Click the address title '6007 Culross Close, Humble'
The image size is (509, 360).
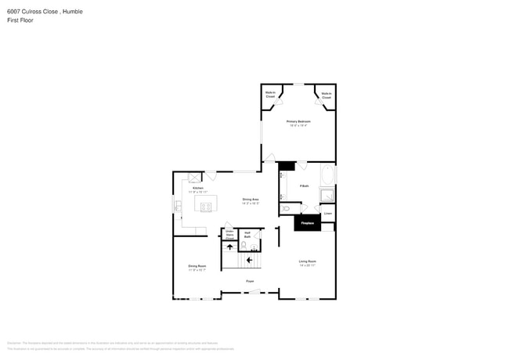45,12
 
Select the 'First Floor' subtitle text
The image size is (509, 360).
20,20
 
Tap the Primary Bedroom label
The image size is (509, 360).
298,123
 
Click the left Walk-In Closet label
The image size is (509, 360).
271,95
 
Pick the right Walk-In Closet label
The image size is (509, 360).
326,95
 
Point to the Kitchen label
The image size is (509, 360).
198,189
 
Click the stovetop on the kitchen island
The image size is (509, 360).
208,207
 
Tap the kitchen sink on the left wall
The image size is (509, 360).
178,207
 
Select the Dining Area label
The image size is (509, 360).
251,201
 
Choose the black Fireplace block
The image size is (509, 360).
308,223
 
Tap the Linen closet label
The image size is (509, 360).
328,213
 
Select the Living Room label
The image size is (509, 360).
306,263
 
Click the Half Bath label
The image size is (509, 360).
247,233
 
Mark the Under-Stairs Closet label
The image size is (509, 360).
229,233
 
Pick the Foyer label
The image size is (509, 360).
250,281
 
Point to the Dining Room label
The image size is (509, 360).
197,268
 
